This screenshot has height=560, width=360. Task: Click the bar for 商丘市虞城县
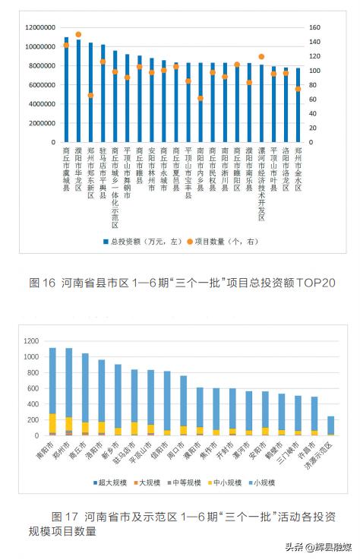click(66, 91)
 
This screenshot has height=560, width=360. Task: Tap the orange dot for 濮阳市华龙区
click(78, 35)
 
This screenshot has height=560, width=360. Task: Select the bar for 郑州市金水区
click(298, 106)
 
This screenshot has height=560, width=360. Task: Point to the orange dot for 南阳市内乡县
click(201, 98)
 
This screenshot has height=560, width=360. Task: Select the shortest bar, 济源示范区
click(330, 426)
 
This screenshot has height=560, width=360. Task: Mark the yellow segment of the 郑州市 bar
click(69, 423)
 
